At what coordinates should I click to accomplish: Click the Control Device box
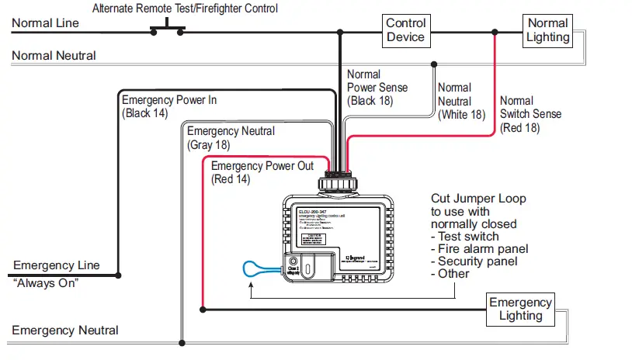pyautogui.click(x=405, y=31)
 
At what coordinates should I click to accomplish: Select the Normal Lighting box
pyautogui.click(x=548, y=31)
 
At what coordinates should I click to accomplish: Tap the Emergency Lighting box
pyautogui.click(x=520, y=309)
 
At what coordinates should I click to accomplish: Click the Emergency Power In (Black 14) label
pyautogui.click(x=169, y=106)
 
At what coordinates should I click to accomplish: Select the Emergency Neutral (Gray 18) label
pyautogui.click(x=231, y=138)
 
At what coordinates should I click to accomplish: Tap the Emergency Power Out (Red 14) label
pyautogui.click(x=262, y=172)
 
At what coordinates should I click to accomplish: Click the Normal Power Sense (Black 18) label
pyautogui.click(x=377, y=88)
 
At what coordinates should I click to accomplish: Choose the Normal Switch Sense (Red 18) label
pyautogui.click(x=530, y=114)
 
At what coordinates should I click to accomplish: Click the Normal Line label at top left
pyautogui.click(x=45, y=23)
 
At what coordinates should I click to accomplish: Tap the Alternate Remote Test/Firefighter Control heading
pyautogui.click(x=185, y=9)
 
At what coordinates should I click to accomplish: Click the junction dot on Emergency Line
pyautogui.click(x=118, y=275)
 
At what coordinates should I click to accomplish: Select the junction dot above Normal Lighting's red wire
pyautogui.click(x=495, y=33)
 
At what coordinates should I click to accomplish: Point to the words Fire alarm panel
pyautogui.click(x=483, y=249)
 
